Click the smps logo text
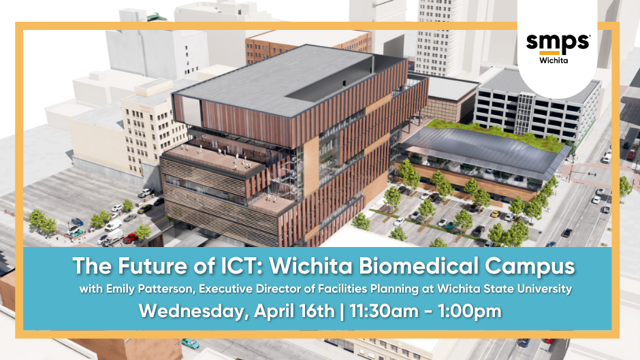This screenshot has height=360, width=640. (558, 42)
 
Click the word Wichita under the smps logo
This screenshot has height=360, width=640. (558, 59)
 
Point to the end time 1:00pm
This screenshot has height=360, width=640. (470, 312)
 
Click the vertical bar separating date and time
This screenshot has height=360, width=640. (343, 312)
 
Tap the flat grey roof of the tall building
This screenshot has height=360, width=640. (272, 82)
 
